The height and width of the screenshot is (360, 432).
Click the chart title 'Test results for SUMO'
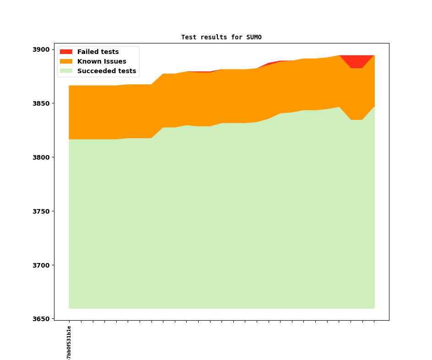[221, 38]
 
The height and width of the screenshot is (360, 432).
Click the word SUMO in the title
[254, 38]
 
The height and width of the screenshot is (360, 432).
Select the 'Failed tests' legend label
[98, 52]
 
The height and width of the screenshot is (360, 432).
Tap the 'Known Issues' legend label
[102, 62]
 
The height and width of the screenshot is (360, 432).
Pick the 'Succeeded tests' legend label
[107, 71]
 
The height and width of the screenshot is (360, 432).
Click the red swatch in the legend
[66, 52]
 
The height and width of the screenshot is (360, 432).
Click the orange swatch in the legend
[66, 62]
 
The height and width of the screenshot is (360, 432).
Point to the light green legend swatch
[66, 71]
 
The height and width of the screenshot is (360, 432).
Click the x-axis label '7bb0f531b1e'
[69, 342]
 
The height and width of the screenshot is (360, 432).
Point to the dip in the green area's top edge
[357, 120]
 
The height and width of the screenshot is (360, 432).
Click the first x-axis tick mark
[69, 322]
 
